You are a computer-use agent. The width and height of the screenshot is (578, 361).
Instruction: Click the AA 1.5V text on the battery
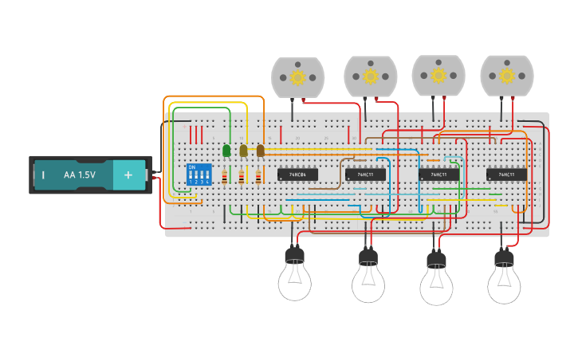pos(80,175)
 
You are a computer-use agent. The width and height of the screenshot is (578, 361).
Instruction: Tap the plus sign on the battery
pos(128,175)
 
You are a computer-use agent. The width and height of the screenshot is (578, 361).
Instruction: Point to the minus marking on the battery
pos(43,175)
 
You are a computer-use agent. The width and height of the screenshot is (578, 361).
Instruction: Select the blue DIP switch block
pos(199,175)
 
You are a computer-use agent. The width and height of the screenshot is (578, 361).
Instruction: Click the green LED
pos(226,150)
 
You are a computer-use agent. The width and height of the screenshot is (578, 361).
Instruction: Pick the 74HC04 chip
pos(298,174)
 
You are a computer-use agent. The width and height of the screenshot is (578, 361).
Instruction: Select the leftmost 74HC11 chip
pos(365,174)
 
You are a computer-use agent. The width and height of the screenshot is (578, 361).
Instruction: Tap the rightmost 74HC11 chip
pos(506,174)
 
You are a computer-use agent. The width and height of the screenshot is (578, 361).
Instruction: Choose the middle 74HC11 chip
pos(438,174)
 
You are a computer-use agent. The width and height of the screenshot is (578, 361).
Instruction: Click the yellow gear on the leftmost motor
pos(298,77)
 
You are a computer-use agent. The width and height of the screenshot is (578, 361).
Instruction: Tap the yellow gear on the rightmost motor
pos(506,77)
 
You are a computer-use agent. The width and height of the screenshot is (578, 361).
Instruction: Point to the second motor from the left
pos(371,77)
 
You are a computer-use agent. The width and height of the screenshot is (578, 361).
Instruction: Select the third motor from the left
pos(438,76)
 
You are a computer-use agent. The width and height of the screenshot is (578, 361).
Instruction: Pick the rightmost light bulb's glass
pos(504,283)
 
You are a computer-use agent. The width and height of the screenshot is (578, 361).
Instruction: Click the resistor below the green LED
pos(225,177)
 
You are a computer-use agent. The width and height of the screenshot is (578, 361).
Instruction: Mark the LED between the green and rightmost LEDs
pos(243,150)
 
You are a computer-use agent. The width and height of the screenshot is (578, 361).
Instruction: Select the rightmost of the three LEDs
pos(260,150)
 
